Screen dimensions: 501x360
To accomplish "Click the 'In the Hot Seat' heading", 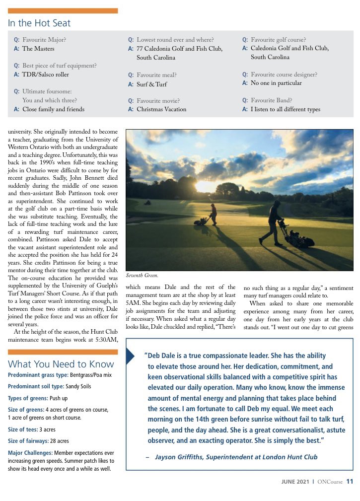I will (39, 23).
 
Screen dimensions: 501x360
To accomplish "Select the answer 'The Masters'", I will (38, 49).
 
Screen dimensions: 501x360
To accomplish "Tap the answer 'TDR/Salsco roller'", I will (45, 74).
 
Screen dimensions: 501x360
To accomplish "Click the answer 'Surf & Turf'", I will (152, 84).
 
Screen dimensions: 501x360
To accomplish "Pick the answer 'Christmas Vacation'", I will (161, 109).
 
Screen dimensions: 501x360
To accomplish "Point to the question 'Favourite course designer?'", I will (284, 74).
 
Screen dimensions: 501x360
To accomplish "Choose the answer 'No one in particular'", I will (279, 83).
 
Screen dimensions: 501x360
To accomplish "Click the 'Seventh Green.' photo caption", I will (142, 275).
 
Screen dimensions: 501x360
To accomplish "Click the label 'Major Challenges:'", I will (30, 453).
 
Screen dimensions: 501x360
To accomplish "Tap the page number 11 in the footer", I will (350, 481).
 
